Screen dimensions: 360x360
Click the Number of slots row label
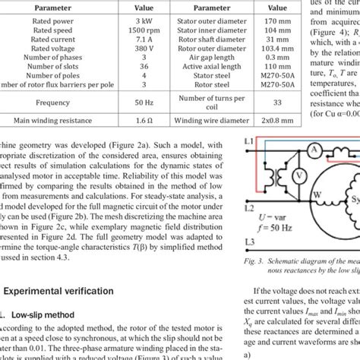pos(41,74)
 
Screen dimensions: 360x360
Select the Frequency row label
pos(41,119)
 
